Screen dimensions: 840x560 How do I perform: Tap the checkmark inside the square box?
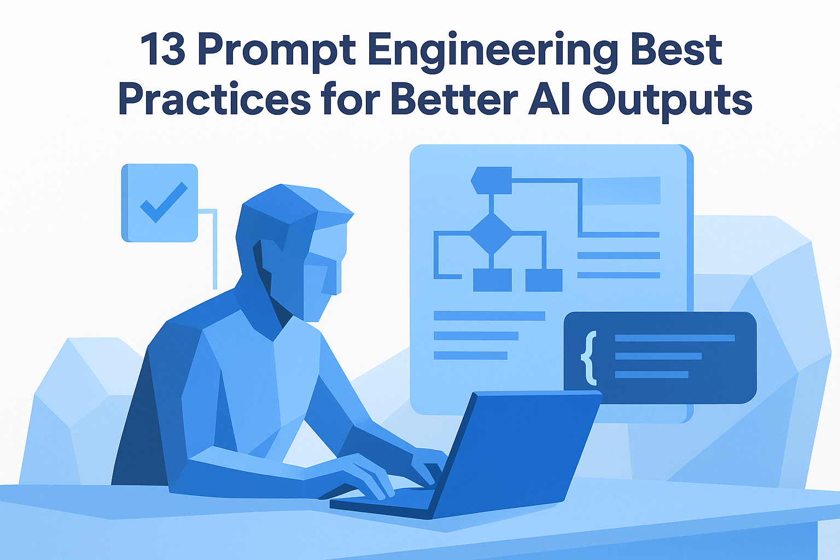(164, 202)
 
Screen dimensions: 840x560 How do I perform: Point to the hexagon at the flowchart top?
(491, 180)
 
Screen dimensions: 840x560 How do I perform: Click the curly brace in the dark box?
(588, 358)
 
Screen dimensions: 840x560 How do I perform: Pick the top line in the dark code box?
(675, 338)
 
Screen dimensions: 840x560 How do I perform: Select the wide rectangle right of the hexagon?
(621, 190)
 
